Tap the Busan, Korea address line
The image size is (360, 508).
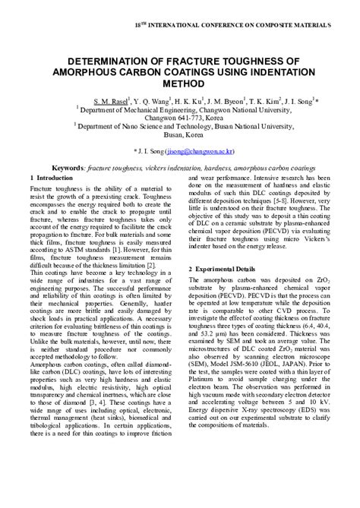[179, 135]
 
